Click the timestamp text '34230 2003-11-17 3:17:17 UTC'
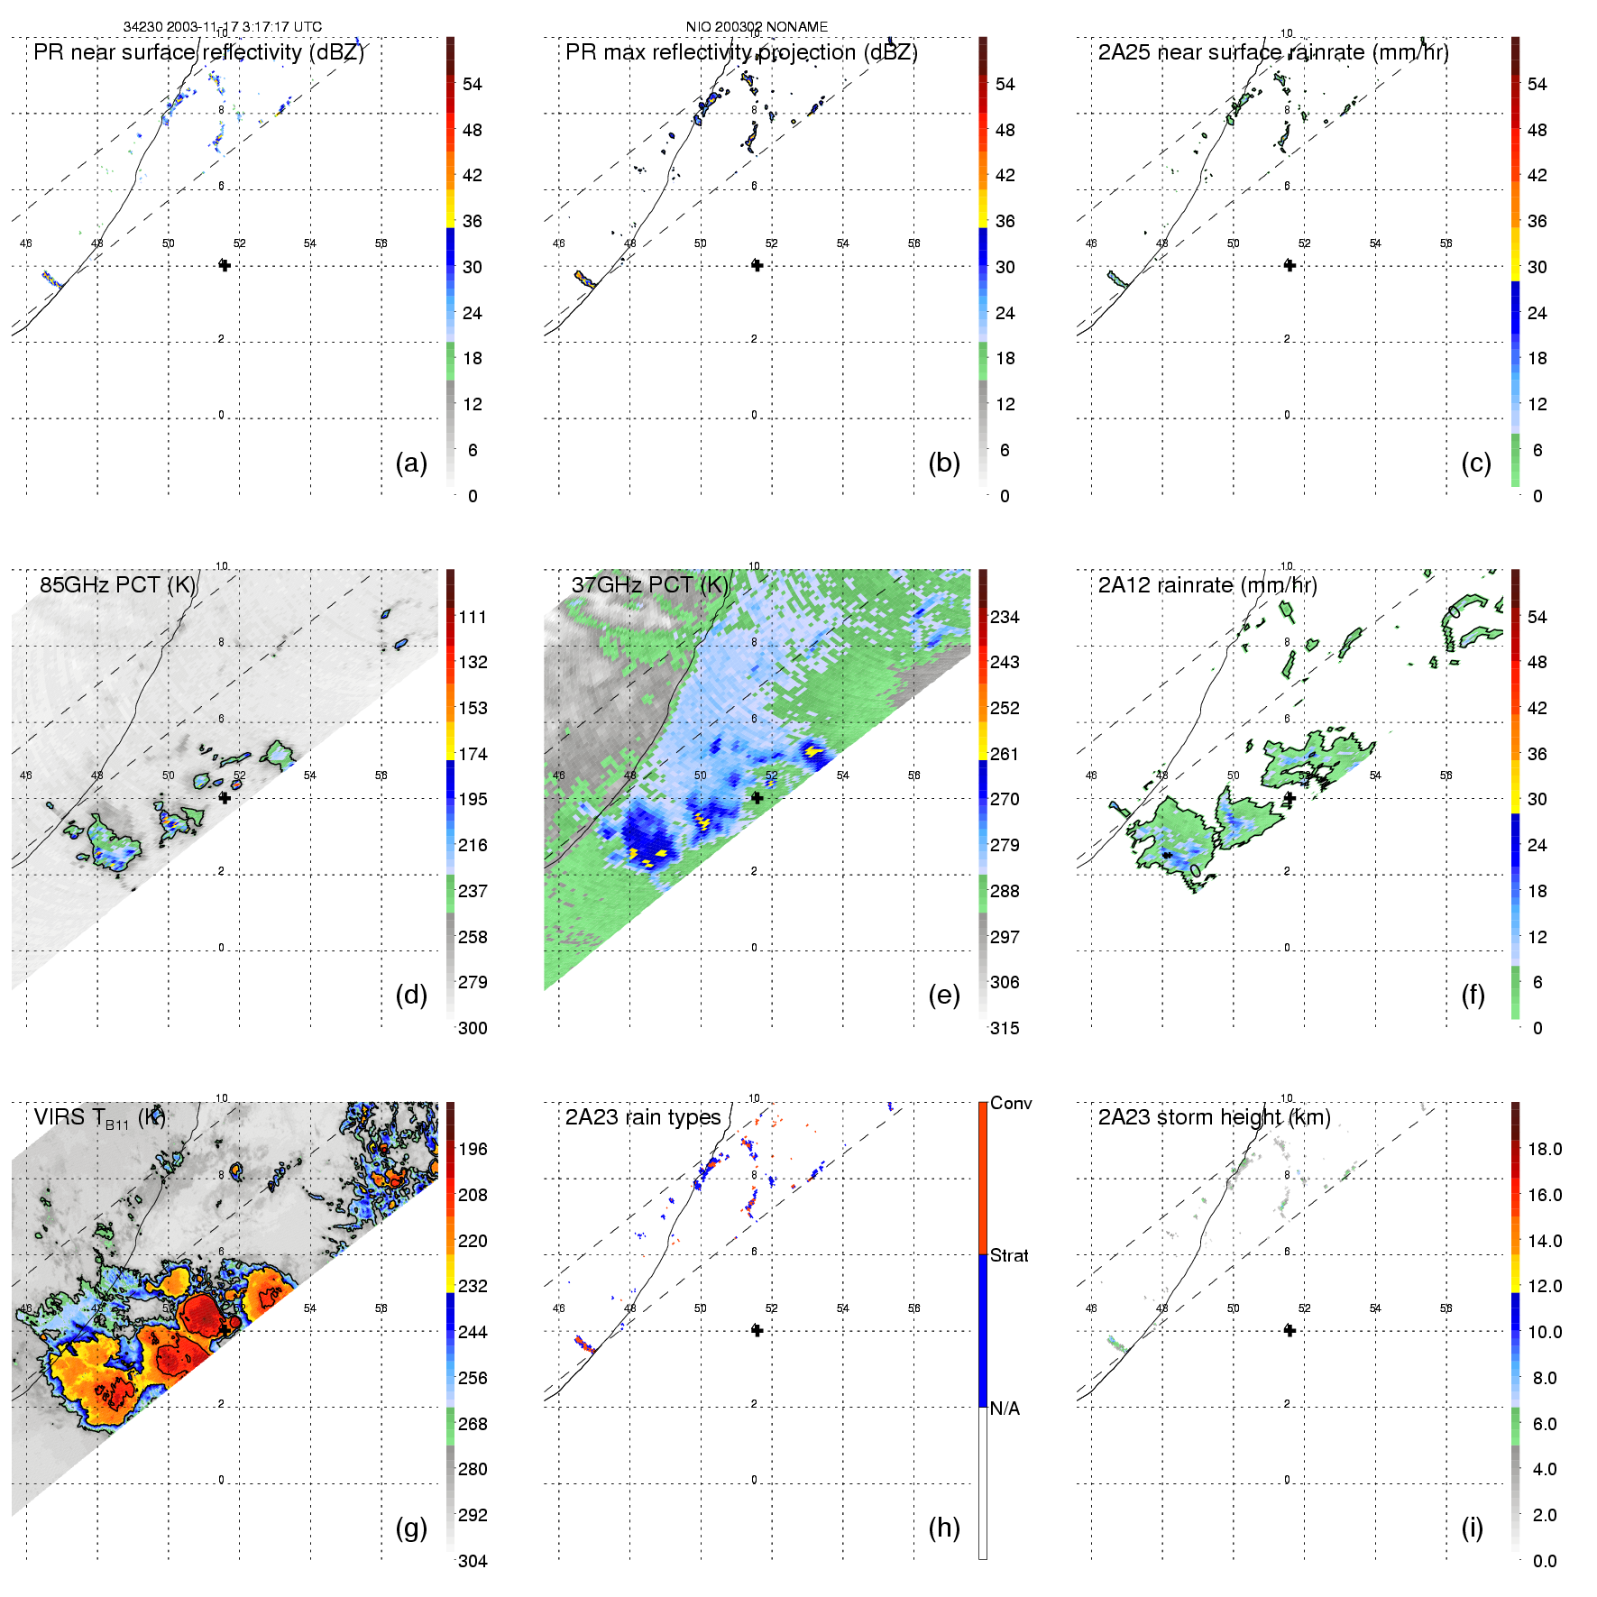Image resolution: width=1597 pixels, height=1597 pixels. (x=222, y=27)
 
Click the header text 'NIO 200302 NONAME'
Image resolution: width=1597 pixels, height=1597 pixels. (x=757, y=27)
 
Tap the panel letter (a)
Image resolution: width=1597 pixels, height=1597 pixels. (x=411, y=463)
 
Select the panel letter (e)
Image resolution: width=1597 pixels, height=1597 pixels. (x=944, y=995)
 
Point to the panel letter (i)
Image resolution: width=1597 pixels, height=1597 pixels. (x=1473, y=1528)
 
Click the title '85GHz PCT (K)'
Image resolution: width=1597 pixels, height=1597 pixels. (x=117, y=584)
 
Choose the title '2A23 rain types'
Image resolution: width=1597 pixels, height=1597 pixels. (x=643, y=1117)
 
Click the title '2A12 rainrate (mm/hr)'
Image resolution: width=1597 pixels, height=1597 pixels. (x=1207, y=585)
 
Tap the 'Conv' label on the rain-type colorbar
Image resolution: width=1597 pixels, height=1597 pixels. (x=1011, y=1103)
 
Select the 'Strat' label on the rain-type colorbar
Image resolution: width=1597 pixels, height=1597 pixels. (x=1009, y=1255)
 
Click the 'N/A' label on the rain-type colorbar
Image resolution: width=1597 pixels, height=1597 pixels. (x=1005, y=1409)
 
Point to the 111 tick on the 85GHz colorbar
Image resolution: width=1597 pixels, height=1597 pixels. (x=473, y=617)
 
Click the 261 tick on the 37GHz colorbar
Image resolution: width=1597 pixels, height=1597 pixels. (x=1005, y=754)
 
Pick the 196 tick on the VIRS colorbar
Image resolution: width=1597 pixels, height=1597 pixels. (x=473, y=1149)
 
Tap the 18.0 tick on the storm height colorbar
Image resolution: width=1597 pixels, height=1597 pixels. (x=1545, y=1149)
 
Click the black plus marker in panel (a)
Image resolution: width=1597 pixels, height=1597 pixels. (x=225, y=265)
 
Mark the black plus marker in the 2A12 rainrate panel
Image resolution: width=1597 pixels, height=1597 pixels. (x=1290, y=798)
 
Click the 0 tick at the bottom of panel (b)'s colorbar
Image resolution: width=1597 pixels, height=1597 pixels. (x=1005, y=496)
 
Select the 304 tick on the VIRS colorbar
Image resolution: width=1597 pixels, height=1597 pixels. (x=473, y=1561)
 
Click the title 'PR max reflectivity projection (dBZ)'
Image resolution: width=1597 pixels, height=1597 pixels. (x=741, y=52)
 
